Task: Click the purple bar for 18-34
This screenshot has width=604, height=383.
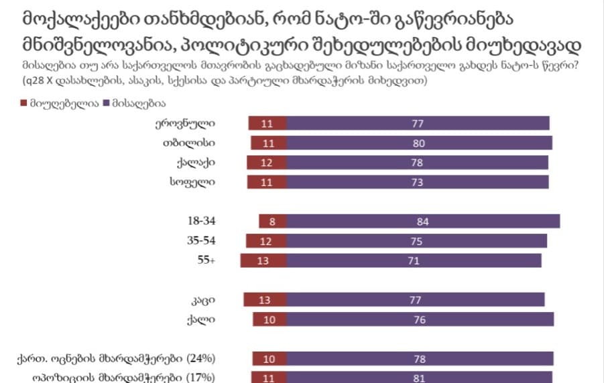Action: pos(422,222)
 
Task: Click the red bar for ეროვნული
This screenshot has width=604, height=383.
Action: pos(267,123)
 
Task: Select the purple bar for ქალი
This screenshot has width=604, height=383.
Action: pos(420,319)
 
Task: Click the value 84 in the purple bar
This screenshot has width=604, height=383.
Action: pos(422,222)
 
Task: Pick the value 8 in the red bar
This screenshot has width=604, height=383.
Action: pos(271,222)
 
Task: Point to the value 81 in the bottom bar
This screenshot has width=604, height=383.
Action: pos(420,378)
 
